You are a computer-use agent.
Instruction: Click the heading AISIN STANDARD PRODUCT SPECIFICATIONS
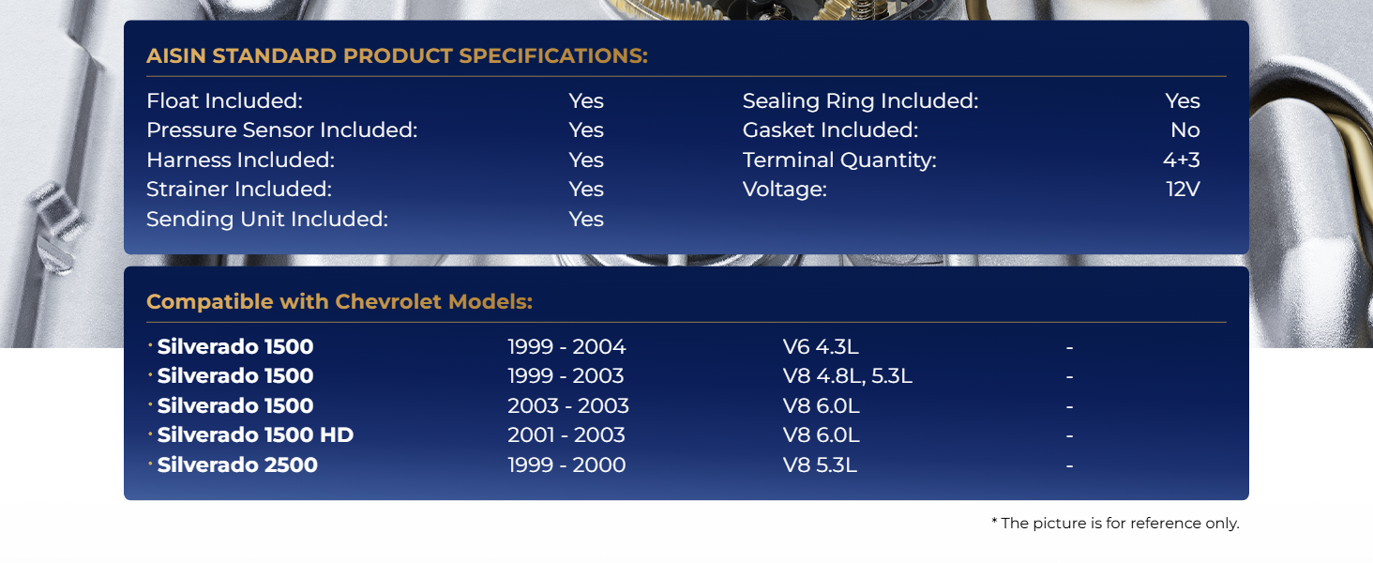(398, 55)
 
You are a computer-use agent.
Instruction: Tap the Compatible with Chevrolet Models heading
(339, 302)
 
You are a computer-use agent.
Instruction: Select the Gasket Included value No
(1184, 130)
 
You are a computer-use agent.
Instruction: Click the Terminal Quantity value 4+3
(1181, 160)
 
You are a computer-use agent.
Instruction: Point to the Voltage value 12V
(1183, 190)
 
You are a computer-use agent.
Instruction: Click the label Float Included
(224, 100)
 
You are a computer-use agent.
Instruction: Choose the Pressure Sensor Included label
(282, 130)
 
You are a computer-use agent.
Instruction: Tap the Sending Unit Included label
(267, 219)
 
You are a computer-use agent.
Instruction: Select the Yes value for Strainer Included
(586, 190)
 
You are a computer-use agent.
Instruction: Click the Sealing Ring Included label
(861, 100)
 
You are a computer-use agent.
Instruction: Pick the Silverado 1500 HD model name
(256, 434)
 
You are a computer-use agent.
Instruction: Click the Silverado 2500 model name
(237, 464)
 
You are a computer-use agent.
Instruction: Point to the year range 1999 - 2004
(566, 346)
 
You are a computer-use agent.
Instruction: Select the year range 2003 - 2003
(568, 406)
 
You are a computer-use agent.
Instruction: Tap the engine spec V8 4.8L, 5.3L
(847, 376)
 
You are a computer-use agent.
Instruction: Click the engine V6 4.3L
(821, 346)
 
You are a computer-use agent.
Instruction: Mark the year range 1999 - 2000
(566, 464)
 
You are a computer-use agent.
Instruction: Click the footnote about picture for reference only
(1116, 524)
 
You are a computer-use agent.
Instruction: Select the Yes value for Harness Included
(586, 160)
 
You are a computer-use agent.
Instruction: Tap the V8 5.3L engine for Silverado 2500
(820, 464)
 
